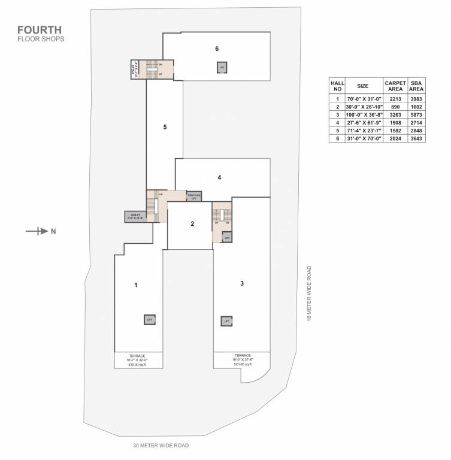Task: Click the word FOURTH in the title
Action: coord(40,29)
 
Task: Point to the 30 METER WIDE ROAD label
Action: coord(161,446)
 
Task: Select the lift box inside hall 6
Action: coord(222,68)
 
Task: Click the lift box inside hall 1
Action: coord(150,320)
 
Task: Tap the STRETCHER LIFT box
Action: coord(193,196)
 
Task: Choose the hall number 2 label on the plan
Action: coord(192,224)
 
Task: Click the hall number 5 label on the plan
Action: coord(164,127)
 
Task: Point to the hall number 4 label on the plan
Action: coord(220,177)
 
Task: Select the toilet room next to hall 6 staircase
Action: coord(135,69)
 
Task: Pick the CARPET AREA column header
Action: coord(395,86)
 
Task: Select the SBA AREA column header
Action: coord(416,86)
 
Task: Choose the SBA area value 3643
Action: coord(416,138)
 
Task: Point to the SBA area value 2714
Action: coord(416,123)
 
